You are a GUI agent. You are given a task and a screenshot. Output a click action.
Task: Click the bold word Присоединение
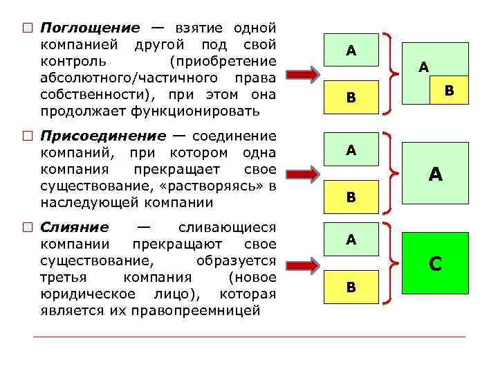coord(103,136)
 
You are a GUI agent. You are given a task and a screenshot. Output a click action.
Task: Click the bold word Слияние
coord(75,228)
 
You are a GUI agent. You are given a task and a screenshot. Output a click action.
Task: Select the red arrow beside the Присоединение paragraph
coord(302,170)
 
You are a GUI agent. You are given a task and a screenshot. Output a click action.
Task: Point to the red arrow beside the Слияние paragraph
coord(302,264)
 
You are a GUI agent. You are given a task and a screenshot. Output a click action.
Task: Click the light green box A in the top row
coord(351,50)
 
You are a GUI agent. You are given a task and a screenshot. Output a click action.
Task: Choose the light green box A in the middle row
coord(351,150)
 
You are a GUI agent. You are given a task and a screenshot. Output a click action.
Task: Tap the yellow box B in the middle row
coord(351,197)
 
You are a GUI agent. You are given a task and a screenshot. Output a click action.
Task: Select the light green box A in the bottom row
coord(351,240)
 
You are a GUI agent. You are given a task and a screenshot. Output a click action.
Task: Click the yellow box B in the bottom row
coord(351,287)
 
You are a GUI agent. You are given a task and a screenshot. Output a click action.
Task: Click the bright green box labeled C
coord(435,263)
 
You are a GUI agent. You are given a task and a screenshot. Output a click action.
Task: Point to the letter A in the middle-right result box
coord(435,175)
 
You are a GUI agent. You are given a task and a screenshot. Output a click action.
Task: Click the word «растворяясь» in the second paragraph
coord(222,186)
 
